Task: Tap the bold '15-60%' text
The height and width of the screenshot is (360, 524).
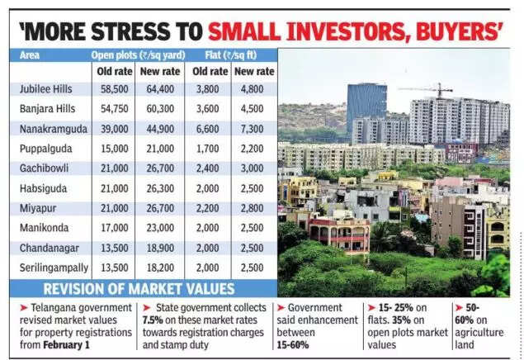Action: [x=304, y=343]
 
